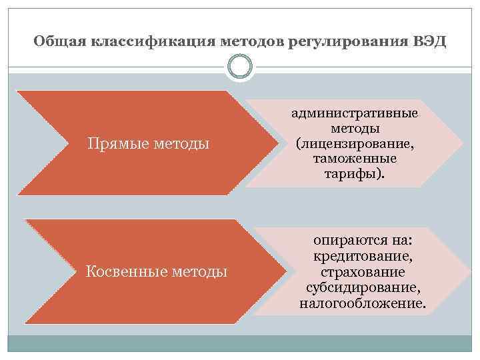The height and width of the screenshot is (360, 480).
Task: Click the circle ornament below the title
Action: coord(240,67)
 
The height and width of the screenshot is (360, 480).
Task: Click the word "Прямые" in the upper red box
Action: coord(118,143)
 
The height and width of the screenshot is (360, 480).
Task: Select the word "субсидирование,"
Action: coord(363,288)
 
